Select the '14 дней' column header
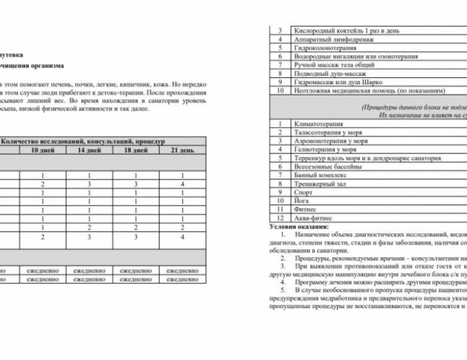[89, 151]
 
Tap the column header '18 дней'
[135, 151]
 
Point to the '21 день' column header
[181, 151]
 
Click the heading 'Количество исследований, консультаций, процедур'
[83, 141]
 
